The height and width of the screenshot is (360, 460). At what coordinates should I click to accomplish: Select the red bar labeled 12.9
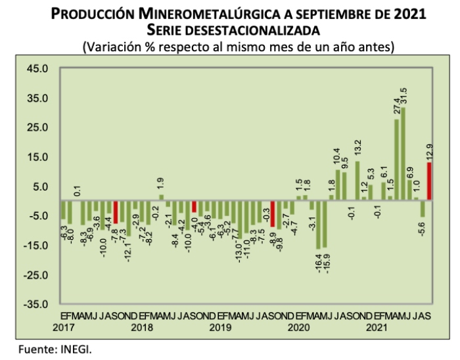click(429, 181)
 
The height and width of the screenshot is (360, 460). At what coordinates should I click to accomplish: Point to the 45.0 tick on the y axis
click(37, 69)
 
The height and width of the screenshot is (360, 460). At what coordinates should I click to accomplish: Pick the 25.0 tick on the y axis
click(37, 128)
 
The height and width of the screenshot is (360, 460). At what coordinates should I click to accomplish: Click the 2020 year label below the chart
click(299, 327)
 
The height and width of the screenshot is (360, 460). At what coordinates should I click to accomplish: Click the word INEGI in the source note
click(78, 349)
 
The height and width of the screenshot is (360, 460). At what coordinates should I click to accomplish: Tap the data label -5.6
click(423, 230)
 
